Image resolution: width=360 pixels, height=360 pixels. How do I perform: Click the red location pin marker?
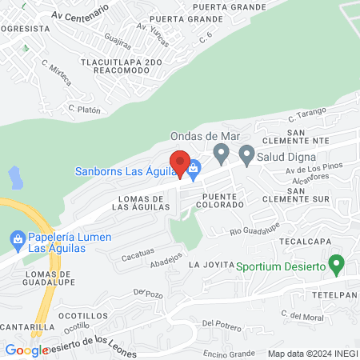click(x=181, y=164)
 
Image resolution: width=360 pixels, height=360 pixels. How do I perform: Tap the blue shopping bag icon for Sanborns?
click(x=194, y=170)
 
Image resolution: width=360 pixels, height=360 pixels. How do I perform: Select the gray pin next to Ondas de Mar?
click(x=222, y=153)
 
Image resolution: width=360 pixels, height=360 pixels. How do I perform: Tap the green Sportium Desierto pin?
click(x=337, y=263)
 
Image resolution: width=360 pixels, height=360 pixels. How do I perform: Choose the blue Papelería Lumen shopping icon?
click(x=17, y=238)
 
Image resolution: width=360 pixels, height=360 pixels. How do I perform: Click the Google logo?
click(x=26, y=350)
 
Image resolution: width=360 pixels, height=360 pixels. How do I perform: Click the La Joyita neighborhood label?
click(x=210, y=264)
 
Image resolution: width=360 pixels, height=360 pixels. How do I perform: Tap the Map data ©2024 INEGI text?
click(x=311, y=353)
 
